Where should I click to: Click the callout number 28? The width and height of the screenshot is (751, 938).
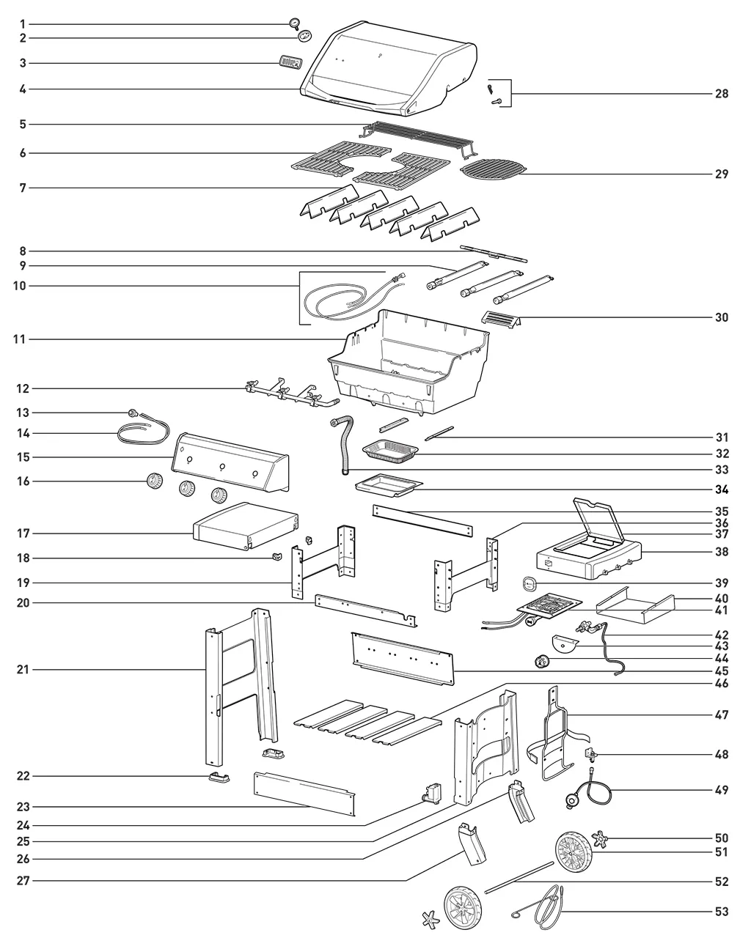(722, 94)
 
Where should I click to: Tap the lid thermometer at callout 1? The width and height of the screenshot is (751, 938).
(295, 24)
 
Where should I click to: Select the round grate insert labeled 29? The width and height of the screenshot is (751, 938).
(493, 167)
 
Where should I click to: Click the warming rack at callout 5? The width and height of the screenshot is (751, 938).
(419, 139)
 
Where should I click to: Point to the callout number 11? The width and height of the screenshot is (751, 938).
(19, 339)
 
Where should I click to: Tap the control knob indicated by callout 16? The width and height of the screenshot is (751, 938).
(154, 481)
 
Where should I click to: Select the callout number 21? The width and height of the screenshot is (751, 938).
(23, 670)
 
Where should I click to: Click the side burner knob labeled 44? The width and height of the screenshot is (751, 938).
(541, 662)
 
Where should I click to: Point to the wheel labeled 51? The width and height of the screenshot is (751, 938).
(574, 852)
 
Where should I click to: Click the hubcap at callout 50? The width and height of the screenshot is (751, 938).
(600, 839)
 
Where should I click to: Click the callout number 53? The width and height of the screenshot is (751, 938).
(722, 912)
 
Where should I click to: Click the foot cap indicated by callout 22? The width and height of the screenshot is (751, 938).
(219, 778)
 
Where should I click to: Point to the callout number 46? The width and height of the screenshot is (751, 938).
(722, 683)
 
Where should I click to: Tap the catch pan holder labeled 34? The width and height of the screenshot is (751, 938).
(389, 486)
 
